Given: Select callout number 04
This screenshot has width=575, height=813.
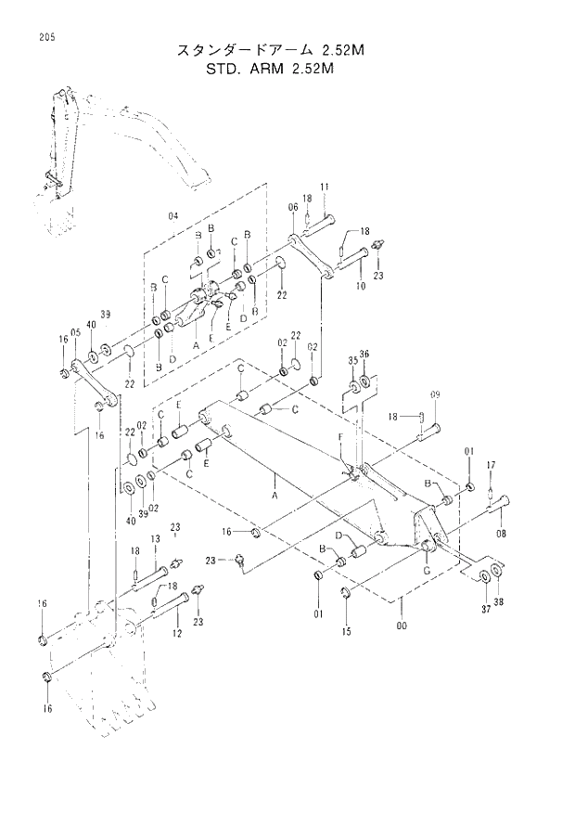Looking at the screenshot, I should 172,215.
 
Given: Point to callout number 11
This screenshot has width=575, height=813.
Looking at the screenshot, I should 325,188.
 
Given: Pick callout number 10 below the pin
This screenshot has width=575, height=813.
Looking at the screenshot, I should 360,287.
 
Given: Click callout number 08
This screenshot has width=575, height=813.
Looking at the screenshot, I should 502,534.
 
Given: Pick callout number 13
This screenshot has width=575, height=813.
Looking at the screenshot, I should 155,539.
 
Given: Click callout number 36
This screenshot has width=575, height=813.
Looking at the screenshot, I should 364,354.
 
